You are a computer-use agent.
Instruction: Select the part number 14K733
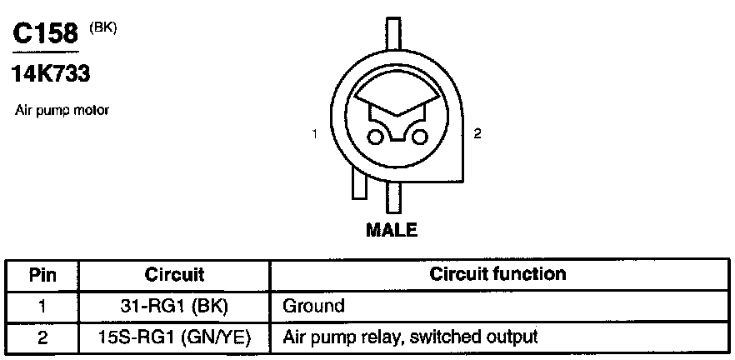[50, 74]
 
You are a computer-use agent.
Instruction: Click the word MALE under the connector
[392, 230]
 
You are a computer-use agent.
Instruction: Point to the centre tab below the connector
[392, 200]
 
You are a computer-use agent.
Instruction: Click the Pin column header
[42, 275]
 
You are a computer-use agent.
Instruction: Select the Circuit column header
[175, 274]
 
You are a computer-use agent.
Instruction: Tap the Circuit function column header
[498, 274]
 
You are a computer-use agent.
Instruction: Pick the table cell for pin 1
[42, 306]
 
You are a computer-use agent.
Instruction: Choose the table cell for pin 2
[42, 337]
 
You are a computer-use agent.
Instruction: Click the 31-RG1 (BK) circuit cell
[175, 306]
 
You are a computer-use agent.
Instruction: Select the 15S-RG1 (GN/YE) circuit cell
[175, 337]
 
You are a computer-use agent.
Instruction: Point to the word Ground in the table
[313, 306]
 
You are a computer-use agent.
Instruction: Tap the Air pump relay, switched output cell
[410, 337]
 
